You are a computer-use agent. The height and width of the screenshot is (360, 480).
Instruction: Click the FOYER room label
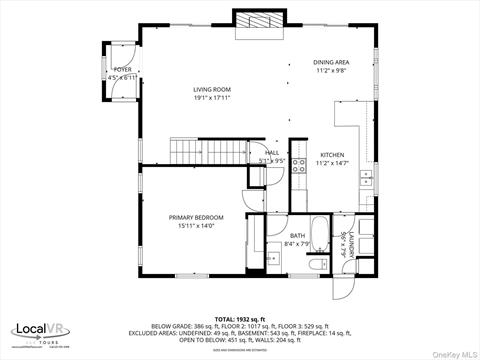(x=122, y=70)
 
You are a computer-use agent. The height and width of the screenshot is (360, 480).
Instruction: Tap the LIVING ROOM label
(x=212, y=89)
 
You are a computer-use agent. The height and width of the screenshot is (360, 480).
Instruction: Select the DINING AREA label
(x=332, y=62)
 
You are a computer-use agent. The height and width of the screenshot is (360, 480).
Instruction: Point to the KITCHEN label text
(x=332, y=155)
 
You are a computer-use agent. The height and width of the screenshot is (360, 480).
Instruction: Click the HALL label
(x=272, y=153)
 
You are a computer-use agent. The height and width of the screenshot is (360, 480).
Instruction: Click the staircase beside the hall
(x=194, y=152)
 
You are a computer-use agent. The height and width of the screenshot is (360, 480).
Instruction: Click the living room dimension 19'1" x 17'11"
(x=212, y=98)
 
